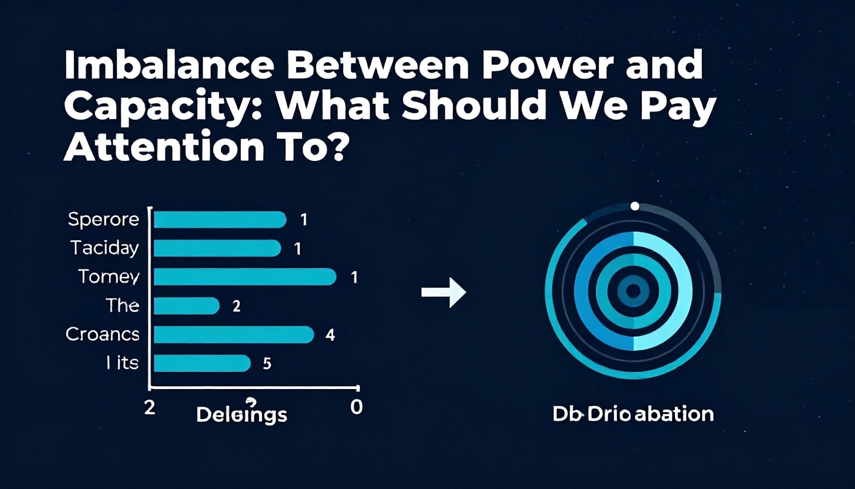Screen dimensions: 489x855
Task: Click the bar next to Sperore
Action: (219, 220)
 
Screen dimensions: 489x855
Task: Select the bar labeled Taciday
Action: (217, 248)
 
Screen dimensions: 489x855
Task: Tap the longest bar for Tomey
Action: (245, 277)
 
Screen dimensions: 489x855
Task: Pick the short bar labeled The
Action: (186, 306)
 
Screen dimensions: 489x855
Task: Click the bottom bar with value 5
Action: (202, 363)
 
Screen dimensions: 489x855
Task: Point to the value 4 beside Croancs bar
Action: (330, 335)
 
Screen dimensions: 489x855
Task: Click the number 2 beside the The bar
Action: (236, 306)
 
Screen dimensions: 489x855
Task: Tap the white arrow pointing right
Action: (443, 292)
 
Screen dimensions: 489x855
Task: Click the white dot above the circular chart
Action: (635, 206)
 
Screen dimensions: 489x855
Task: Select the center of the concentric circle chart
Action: (633, 291)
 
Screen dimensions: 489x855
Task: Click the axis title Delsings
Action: (241, 415)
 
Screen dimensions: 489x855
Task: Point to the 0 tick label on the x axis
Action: (356, 407)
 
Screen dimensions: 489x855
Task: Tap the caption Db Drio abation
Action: (633, 414)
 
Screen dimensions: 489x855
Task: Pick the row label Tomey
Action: (109, 277)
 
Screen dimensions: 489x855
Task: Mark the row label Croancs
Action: (103, 334)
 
